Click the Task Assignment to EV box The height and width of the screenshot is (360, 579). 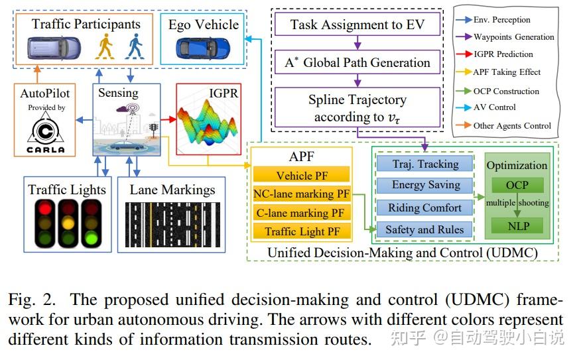(357, 26)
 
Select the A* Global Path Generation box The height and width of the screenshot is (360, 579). (357, 63)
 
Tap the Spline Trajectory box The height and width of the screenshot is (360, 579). (357, 107)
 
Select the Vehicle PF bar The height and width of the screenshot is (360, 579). (302, 176)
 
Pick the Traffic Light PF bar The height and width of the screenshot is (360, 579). (302, 231)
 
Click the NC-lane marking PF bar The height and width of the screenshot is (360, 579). (302, 194)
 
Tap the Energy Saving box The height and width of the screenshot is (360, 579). (425, 185)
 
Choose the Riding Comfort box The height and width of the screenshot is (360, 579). (425, 208)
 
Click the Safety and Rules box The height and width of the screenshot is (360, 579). (425, 229)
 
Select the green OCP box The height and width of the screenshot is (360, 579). (517, 185)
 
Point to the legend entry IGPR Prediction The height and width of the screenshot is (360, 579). (502, 54)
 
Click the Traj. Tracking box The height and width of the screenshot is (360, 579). (425, 163)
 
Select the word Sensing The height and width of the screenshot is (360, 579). (118, 93)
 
